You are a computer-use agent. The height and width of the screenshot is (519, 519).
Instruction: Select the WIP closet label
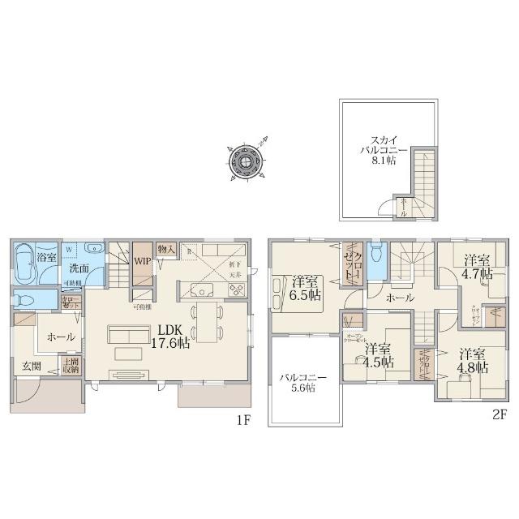coord(143,261)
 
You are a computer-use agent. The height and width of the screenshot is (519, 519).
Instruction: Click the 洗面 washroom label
coord(79,267)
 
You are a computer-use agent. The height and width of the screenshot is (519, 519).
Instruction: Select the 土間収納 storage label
coord(71,366)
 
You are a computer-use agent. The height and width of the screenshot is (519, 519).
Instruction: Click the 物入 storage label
coord(167,250)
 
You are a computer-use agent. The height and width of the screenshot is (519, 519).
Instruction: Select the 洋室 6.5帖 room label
coord(305,288)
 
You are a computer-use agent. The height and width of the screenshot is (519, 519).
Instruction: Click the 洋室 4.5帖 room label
coord(377,357)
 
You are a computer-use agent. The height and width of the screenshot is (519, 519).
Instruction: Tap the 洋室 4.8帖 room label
coord(474,361)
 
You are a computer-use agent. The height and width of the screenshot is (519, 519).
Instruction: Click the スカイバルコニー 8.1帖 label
coord(378,150)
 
